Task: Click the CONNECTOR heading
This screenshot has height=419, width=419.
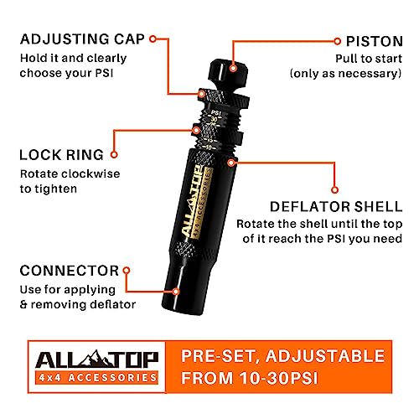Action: [x=66, y=271]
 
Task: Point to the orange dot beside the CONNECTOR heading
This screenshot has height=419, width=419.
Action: [x=127, y=271]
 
